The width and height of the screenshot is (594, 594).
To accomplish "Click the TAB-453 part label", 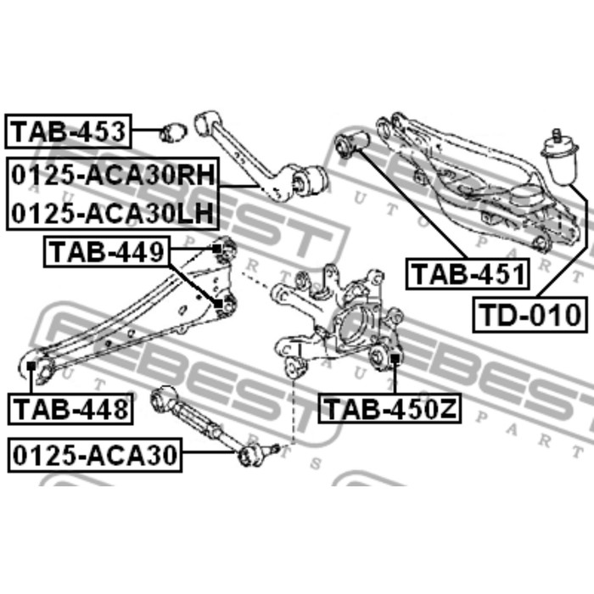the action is click(x=68, y=131).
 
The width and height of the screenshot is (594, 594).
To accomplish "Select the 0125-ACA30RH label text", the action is click(x=113, y=176).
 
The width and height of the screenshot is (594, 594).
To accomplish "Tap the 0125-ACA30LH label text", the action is click(x=113, y=213).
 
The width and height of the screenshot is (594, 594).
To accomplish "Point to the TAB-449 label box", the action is click(x=107, y=252).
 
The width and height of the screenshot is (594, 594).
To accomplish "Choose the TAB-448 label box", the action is click(x=70, y=409).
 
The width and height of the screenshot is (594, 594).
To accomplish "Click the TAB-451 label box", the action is click(x=468, y=274).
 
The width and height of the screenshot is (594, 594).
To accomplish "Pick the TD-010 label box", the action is click(x=530, y=315).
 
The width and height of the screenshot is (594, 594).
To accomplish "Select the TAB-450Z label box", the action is click(x=389, y=409).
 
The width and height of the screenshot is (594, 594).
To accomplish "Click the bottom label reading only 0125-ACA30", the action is click(x=95, y=455).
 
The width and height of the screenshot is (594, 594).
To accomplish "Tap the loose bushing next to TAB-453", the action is click(x=173, y=132).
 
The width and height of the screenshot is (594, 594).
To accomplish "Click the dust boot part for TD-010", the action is click(x=560, y=162).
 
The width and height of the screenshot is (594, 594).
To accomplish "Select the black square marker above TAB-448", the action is click(x=31, y=366).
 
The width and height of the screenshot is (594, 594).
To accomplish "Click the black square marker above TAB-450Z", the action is click(x=395, y=358).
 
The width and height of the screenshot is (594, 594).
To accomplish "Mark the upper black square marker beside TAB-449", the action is click(x=216, y=249).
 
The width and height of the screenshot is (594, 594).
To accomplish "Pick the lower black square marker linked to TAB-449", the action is click(x=218, y=304).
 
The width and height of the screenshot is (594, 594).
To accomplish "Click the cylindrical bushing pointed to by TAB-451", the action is click(x=352, y=143).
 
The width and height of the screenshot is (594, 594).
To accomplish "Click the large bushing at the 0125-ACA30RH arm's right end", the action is click(x=311, y=179).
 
